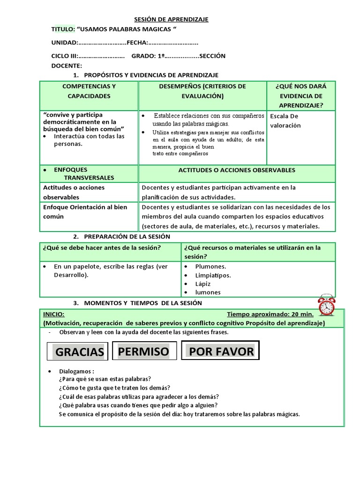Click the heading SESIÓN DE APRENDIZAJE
(171, 19)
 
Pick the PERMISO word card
(144, 351)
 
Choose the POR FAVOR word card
(221, 351)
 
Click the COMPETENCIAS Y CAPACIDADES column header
(89, 91)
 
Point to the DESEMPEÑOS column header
(202, 91)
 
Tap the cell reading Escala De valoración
(286, 120)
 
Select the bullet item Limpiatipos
(213, 275)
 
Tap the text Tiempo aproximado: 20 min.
(270, 315)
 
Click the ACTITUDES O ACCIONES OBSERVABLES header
(237, 170)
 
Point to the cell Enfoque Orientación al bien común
(85, 212)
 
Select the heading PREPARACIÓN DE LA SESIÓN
(127, 237)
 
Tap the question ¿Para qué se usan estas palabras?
(105, 379)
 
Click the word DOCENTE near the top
(66, 66)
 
